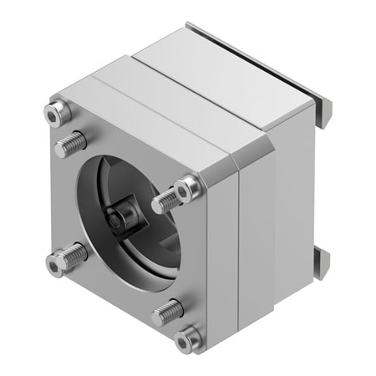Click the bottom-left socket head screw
[x=56, y=266]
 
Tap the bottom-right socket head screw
[x=189, y=338]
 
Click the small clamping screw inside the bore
[x=117, y=220]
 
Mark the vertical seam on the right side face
[x=241, y=251]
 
